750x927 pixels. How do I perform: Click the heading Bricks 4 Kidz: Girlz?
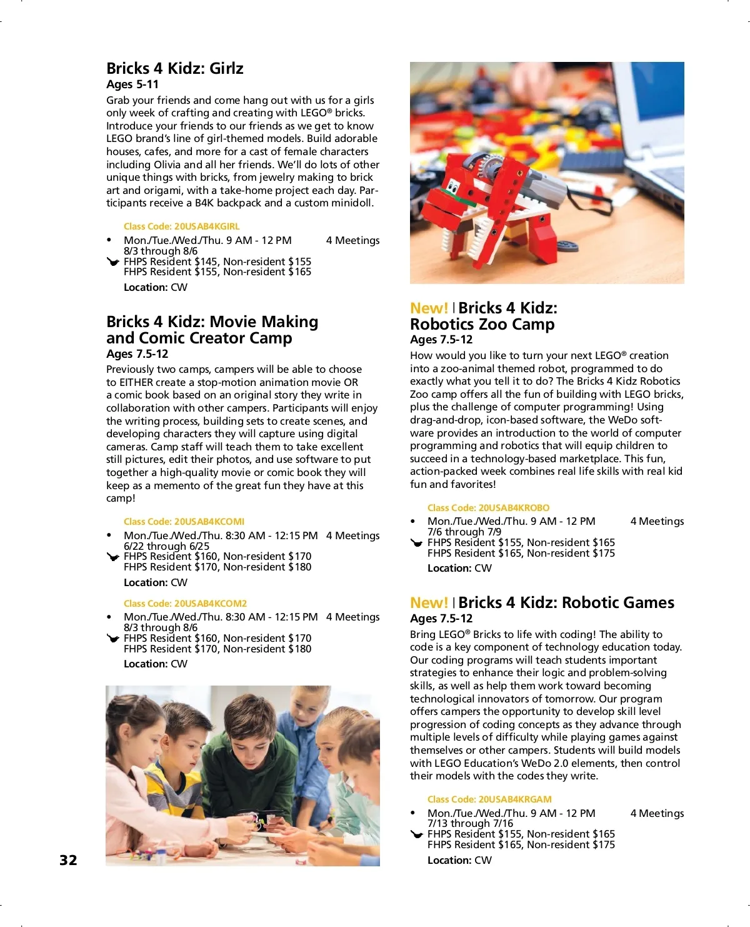[174, 68]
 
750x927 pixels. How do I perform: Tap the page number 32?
[68, 860]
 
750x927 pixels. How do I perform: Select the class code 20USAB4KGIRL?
[181, 226]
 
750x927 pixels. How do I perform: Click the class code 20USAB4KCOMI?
[184, 522]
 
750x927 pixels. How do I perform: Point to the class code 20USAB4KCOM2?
[185, 604]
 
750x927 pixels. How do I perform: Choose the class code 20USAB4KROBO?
[488, 508]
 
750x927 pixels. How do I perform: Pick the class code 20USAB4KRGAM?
[489, 799]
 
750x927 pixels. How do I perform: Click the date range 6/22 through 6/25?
[166, 546]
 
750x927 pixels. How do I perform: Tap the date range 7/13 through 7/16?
[470, 823]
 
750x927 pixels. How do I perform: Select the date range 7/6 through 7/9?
[464, 532]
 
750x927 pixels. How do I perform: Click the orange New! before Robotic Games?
[429, 603]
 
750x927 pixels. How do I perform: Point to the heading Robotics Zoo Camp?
[482, 324]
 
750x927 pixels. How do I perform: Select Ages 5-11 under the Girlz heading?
[132, 84]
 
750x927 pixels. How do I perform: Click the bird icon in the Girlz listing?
[113, 262]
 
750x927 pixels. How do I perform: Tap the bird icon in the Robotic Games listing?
[417, 834]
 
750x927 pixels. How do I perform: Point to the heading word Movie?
[233, 322]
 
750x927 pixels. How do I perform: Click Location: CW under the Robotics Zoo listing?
[459, 568]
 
